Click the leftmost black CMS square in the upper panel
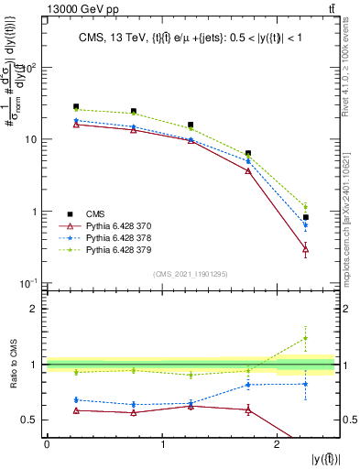(x=76, y=107)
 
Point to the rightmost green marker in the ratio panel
(x=306, y=338)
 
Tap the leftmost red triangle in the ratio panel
(x=76, y=409)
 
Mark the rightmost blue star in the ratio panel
(x=306, y=384)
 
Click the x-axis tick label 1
(x=162, y=444)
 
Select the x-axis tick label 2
(x=277, y=444)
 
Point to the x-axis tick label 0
(x=47, y=444)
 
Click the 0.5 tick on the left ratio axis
(x=32, y=420)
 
